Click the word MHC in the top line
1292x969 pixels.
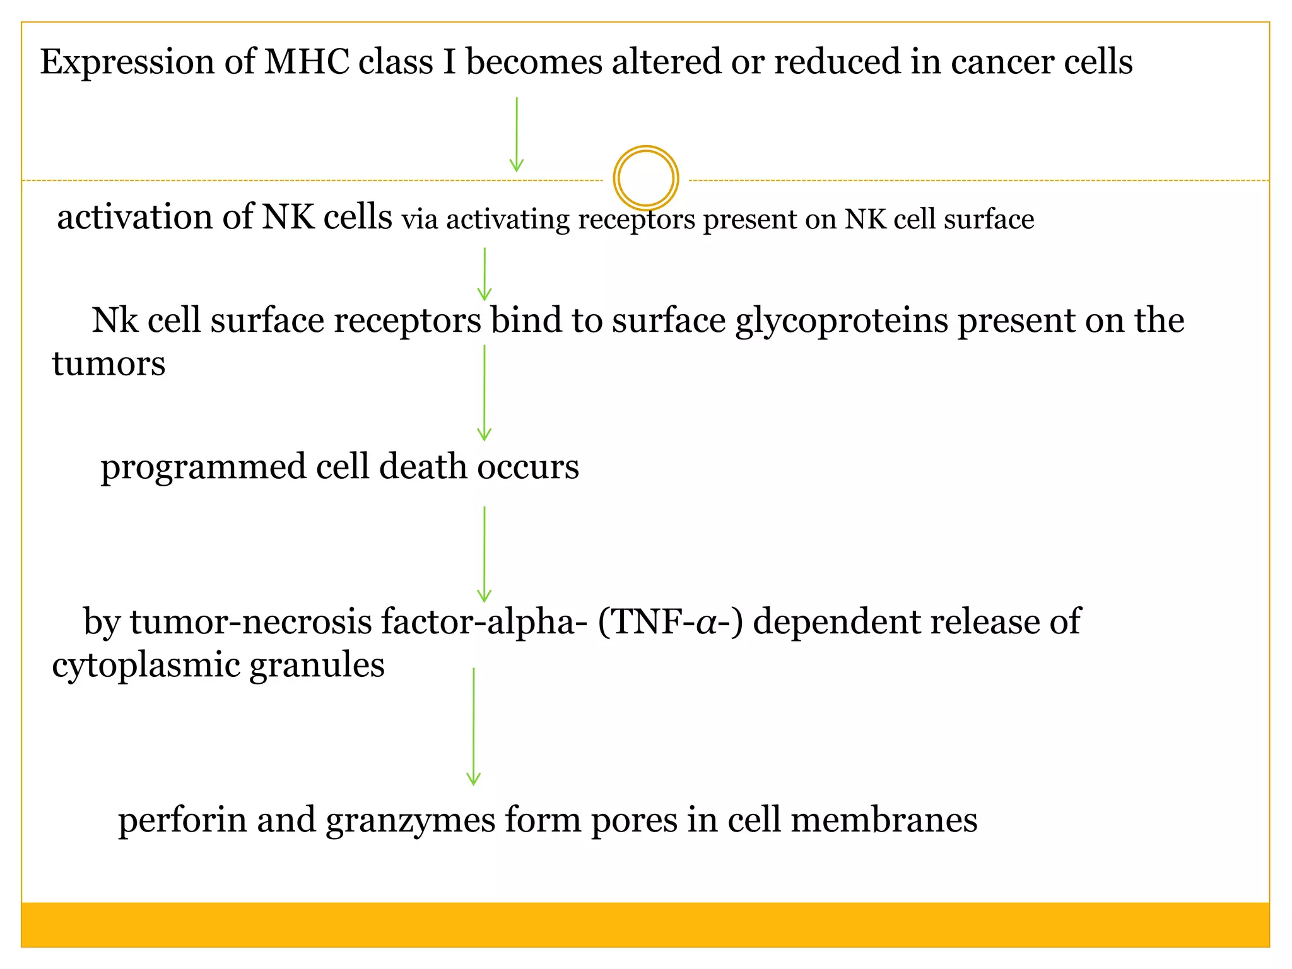(307, 62)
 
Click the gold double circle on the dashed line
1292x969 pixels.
(645, 178)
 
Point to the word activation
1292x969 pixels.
(134, 217)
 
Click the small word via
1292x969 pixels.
(420, 220)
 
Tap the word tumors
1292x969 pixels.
(109, 364)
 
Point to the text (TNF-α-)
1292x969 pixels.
(671, 622)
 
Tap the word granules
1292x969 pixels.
(317, 666)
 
